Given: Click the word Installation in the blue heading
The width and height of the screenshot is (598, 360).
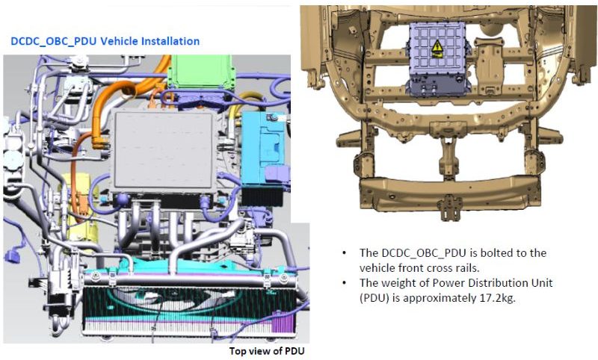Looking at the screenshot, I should (171, 40).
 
